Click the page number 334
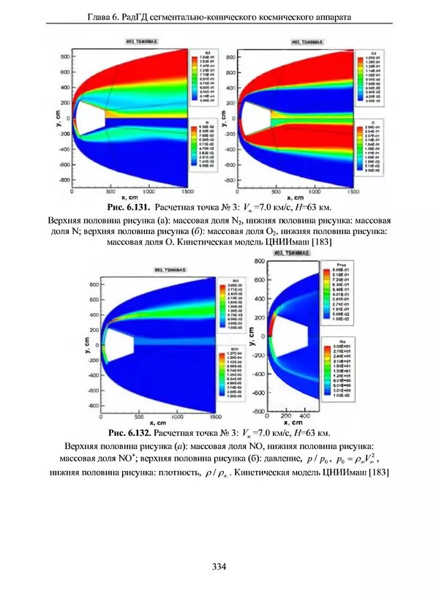coord(218,566)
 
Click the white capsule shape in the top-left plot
coord(89,118)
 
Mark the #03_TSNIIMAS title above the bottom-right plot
coord(291,253)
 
